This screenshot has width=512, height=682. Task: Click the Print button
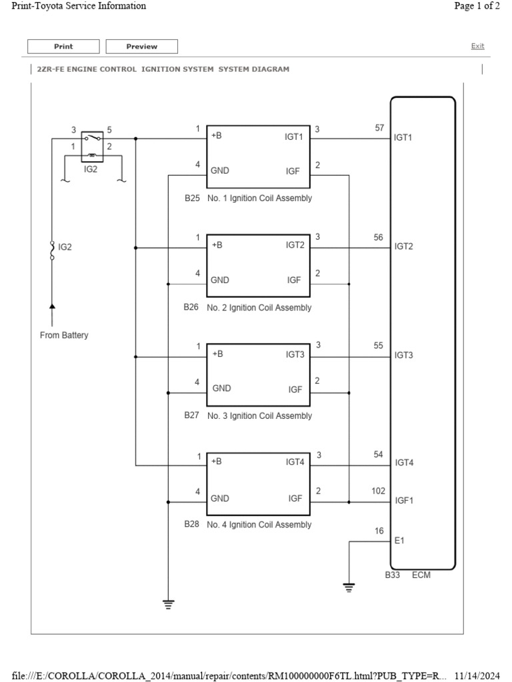[63, 47]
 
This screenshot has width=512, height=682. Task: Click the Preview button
[142, 47]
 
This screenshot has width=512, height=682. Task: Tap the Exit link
[477, 46]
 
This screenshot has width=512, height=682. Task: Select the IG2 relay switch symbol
[92, 146]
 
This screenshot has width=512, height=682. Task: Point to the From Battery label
[64, 335]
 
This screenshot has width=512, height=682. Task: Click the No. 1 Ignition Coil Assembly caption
[259, 198]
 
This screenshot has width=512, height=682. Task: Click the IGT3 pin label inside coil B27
[295, 354]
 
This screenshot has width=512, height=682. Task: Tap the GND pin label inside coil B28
[220, 498]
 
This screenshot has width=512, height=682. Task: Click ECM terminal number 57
[379, 128]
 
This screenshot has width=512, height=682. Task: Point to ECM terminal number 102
[378, 491]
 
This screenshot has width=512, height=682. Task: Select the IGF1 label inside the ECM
[404, 500]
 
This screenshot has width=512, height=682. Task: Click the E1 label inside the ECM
[399, 541]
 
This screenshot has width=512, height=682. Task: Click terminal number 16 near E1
[379, 531]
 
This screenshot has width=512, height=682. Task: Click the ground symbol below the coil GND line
[168, 603]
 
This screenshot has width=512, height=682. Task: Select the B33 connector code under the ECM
[393, 575]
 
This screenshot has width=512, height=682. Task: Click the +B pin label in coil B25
[217, 136]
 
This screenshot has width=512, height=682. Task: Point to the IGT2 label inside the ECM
[404, 246]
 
